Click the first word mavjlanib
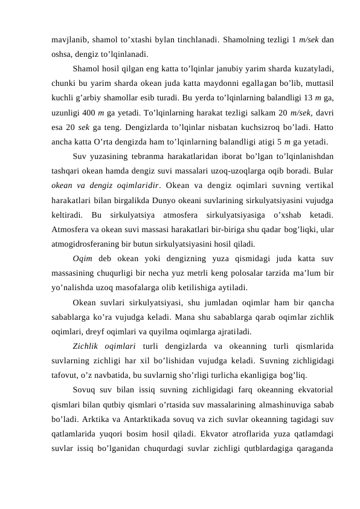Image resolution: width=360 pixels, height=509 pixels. (68, 41)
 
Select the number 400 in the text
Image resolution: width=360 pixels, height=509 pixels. (90, 111)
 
